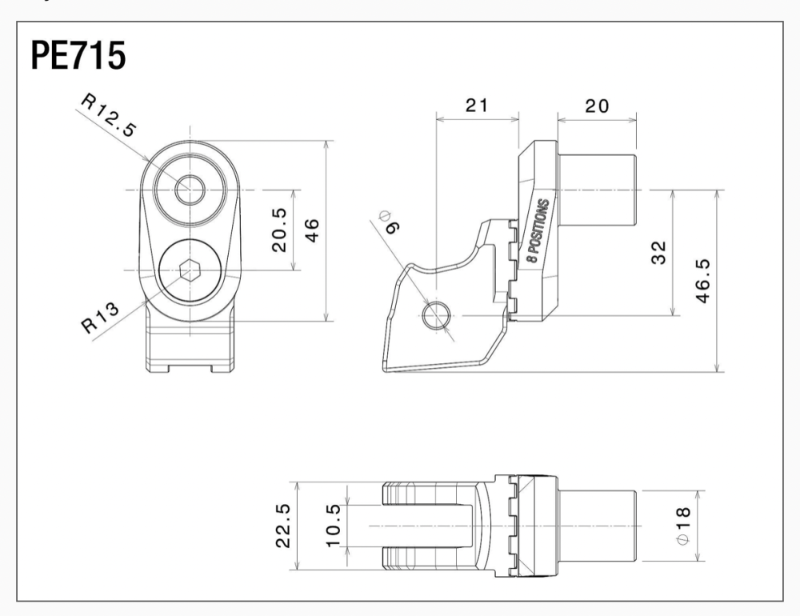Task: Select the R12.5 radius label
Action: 110,117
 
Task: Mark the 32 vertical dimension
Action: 658,253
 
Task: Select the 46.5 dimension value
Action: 702,281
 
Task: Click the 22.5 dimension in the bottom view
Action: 282,526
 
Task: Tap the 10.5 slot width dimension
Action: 333,526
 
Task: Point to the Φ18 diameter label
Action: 684,526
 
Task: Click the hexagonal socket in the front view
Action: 190,271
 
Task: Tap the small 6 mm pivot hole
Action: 435,315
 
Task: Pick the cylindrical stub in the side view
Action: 597,190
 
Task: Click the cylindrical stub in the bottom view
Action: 597,526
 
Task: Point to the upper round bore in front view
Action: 190,190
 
